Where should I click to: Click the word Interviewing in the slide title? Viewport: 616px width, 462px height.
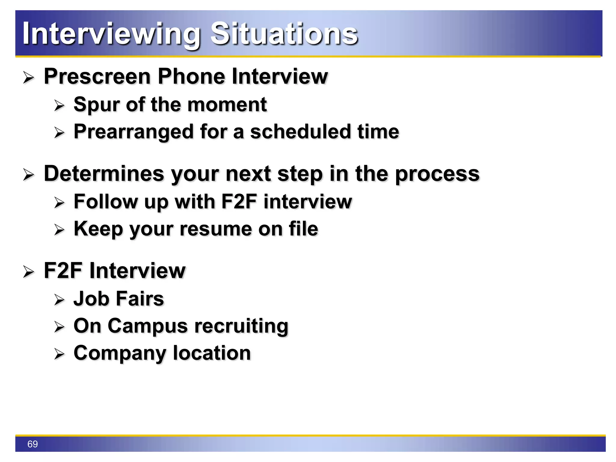point(111,34)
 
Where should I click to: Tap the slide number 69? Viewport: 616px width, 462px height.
point(32,444)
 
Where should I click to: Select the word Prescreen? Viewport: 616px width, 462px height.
point(97,76)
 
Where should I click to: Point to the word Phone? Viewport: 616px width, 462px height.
point(191,76)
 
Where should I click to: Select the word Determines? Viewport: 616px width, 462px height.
point(104,174)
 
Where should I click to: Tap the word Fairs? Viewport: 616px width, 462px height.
point(140,299)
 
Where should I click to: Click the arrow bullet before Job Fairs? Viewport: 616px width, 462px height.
point(59,300)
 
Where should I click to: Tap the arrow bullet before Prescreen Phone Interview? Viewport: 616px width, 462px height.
point(29,78)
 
